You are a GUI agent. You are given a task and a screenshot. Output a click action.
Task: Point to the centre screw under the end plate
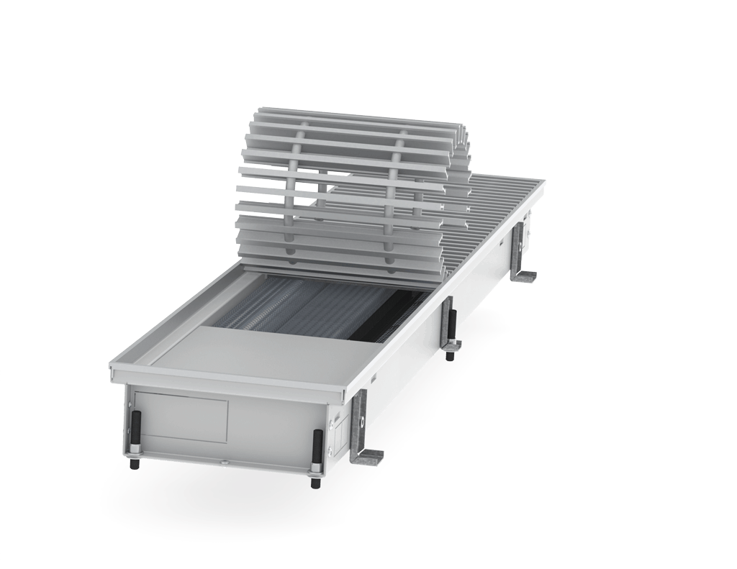coord(225,462)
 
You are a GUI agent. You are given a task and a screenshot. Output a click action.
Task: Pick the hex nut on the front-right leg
coord(317,472)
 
